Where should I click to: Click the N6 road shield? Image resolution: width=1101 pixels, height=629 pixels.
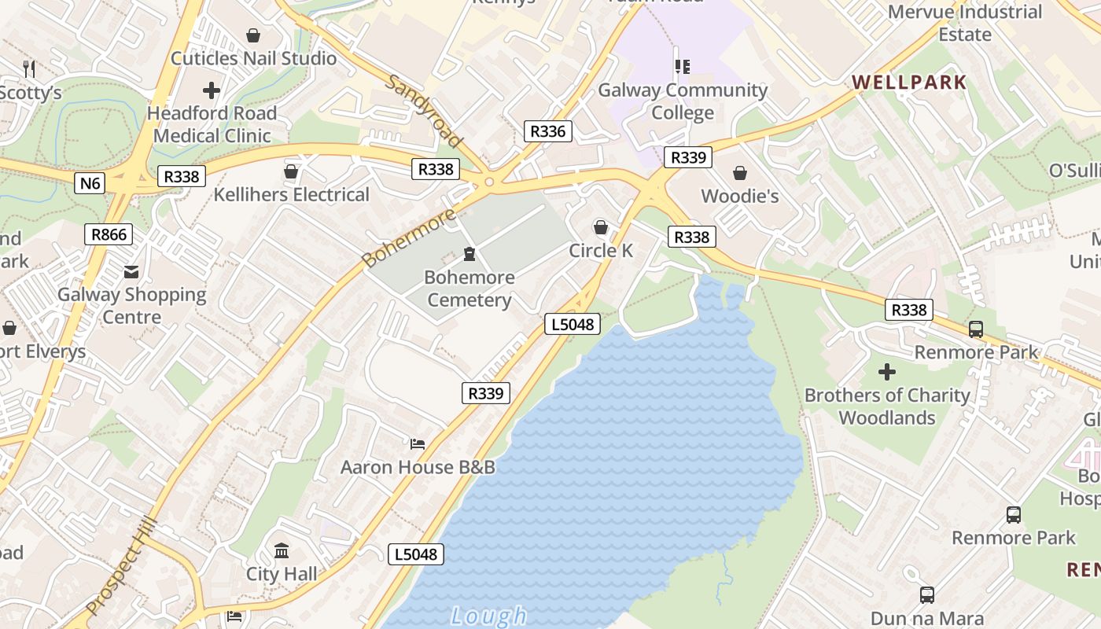(x=90, y=183)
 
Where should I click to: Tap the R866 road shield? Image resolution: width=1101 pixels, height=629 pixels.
(x=109, y=234)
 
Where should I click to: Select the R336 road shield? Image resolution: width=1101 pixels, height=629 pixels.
(x=547, y=131)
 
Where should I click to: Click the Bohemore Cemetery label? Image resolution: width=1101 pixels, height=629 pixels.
(x=469, y=289)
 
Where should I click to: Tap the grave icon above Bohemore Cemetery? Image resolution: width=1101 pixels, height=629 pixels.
(x=469, y=253)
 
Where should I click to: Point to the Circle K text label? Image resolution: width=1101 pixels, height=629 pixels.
(x=601, y=251)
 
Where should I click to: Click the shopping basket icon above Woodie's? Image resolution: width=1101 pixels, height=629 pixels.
(x=739, y=172)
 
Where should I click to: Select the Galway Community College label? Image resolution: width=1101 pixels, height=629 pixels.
(x=683, y=101)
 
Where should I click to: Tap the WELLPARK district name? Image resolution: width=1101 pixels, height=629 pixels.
(x=909, y=83)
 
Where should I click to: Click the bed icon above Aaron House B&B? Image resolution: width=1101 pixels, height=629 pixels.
(x=418, y=444)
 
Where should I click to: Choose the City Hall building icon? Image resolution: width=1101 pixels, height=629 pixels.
(x=282, y=550)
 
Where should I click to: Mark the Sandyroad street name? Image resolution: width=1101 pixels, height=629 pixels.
(x=424, y=111)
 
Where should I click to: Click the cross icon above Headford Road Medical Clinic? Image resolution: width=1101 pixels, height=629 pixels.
(x=212, y=90)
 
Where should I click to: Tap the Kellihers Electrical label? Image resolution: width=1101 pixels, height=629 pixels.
(x=292, y=195)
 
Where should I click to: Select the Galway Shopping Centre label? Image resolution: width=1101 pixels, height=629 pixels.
(x=131, y=306)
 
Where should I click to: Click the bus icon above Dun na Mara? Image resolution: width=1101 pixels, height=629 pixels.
(x=927, y=595)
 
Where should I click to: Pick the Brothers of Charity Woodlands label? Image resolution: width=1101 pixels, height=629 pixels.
(x=887, y=406)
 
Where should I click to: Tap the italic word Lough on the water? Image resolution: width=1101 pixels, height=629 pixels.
(x=488, y=616)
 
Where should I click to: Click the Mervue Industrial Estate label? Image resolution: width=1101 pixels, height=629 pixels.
(x=965, y=23)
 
